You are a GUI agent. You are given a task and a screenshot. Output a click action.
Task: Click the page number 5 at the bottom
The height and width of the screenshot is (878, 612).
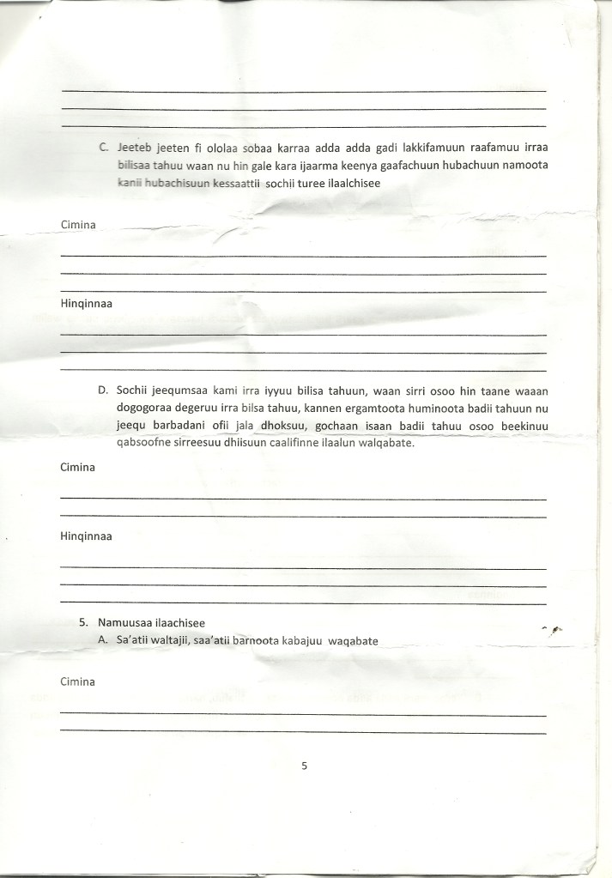click(305, 766)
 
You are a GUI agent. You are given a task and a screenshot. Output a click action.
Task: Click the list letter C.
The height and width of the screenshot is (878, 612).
click(104, 147)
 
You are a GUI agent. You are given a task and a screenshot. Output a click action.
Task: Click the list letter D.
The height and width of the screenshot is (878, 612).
click(104, 391)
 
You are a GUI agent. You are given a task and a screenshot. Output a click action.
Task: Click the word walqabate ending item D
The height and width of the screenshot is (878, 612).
click(388, 444)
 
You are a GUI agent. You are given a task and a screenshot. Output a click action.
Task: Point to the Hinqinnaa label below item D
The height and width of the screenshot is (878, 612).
click(88, 536)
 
